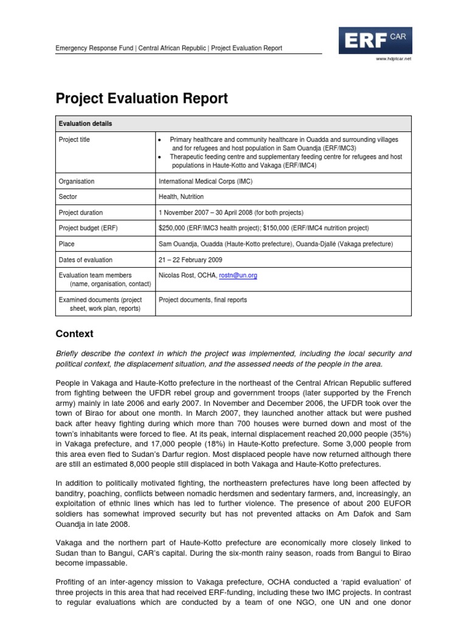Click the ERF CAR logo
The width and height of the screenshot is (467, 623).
click(375, 41)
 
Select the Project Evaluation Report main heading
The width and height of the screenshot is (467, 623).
click(142, 98)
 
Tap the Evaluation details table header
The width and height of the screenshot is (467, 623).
click(85, 124)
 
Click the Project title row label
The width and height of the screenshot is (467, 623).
click(74, 139)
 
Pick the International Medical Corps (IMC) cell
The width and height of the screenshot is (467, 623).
click(205, 181)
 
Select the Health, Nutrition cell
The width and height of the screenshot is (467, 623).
click(181, 197)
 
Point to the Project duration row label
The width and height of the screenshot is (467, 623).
click(80, 213)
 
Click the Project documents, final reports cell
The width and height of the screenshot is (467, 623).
click(202, 300)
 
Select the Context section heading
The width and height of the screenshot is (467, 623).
click(74, 334)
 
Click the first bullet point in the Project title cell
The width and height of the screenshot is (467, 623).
click(160, 140)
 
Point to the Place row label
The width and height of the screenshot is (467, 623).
click(66, 244)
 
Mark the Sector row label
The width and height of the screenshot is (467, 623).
click(67, 197)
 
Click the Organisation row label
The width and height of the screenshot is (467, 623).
click(76, 181)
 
